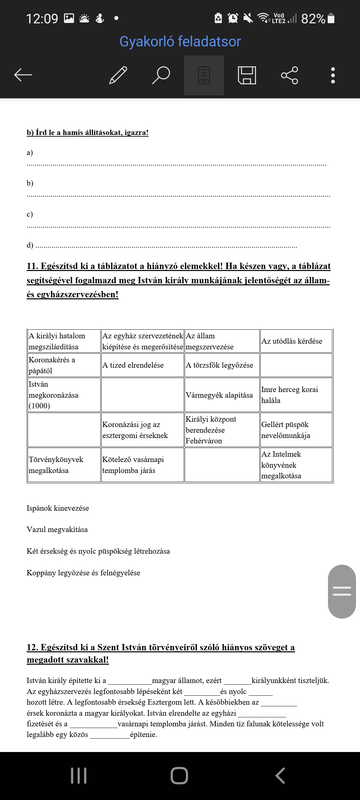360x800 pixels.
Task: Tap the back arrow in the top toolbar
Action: point(23,75)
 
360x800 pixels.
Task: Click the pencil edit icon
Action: point(118,75)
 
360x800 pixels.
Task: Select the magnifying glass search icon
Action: point(161,75)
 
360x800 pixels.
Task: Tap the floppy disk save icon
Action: point(247,75)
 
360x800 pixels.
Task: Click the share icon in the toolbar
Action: point(289,75)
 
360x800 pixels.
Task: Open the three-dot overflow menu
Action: point(333,75)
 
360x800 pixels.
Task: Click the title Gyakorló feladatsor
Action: point(180,42)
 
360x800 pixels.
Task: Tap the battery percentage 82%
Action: point(313,19)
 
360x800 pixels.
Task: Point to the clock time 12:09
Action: point(42,19)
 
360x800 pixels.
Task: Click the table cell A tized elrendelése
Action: point(133,365)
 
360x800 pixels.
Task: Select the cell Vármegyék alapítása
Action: point(219,395)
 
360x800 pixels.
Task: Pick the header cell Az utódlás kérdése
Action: point(292,341)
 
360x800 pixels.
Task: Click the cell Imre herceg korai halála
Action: point(289,395)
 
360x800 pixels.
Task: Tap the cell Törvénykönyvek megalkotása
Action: point(56,465)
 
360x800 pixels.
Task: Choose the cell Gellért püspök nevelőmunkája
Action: point(285,430)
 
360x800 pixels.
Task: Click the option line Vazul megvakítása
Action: point(57,530)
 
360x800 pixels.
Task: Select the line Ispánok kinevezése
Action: point(58,508)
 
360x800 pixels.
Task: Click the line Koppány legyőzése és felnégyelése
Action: point(83,573)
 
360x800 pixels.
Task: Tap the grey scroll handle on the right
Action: point(342,591)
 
